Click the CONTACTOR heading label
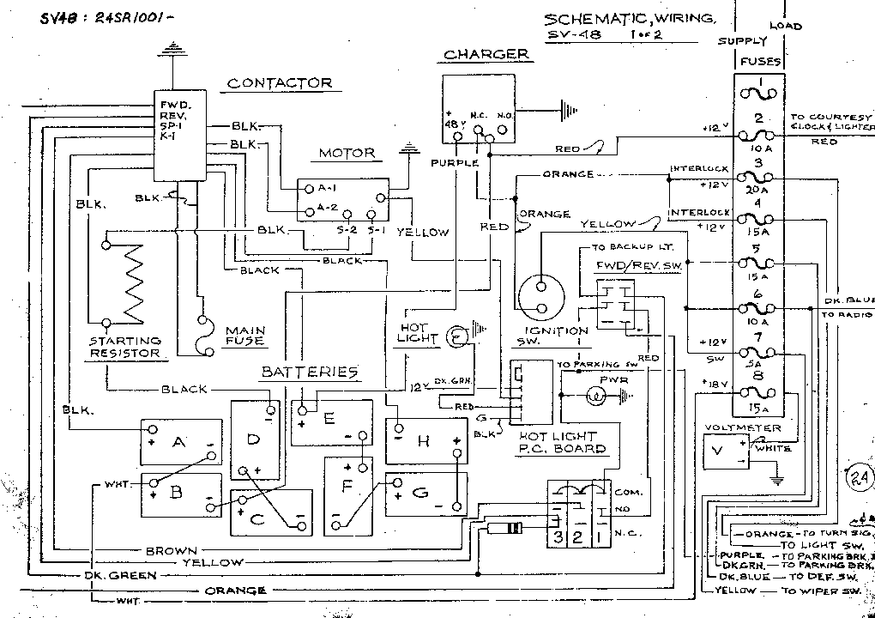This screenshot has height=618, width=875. coord(279,83)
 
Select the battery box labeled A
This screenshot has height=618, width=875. coord(181,441)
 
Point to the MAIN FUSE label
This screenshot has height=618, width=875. coord(244,335)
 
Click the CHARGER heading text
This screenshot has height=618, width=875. coord(486,55)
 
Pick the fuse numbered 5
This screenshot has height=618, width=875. coord(758,263)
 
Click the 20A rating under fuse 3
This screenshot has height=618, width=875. coord(758,191)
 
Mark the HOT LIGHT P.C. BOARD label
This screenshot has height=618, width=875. coord(563,442)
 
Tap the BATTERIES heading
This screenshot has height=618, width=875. coord(309,372)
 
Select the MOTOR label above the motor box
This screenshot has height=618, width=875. coord(347,154)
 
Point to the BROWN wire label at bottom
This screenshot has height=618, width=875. coord(171,550)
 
